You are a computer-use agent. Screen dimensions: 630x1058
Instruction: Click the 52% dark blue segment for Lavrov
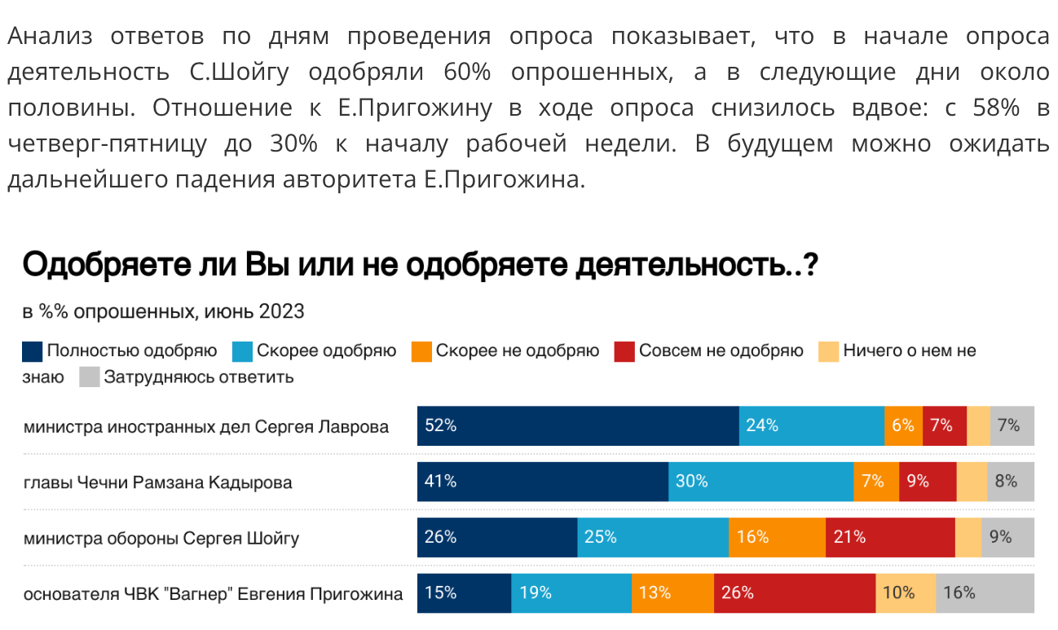coord(578,425)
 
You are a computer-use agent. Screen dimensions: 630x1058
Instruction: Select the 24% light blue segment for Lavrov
coord(811,425)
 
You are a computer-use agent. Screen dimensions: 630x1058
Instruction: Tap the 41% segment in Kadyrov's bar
coord(542,482)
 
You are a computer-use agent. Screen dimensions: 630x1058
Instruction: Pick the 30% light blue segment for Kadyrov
coord(760,482)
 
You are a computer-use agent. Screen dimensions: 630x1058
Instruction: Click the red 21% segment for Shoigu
coord(889,537)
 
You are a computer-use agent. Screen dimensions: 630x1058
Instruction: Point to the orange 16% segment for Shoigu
coord(777,537)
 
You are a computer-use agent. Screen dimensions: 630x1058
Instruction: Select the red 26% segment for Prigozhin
coord(794,593)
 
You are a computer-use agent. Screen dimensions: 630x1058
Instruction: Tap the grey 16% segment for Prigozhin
coord(985,593)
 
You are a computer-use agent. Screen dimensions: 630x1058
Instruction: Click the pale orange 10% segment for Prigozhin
coord(906,593)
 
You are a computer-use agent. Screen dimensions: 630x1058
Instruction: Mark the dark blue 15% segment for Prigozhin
coord(464,593)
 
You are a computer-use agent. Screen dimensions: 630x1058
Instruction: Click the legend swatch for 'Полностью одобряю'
coord(32,351)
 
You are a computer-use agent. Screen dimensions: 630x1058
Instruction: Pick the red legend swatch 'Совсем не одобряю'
coord(624,351)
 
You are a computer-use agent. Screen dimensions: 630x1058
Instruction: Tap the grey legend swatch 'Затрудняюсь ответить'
coord(90,377)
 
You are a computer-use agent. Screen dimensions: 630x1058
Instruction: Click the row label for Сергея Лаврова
coord(206,426)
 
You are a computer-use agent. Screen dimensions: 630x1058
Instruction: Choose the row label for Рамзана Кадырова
coord(158,482)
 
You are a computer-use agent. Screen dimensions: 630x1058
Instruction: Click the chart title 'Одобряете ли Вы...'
coord(419,267)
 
